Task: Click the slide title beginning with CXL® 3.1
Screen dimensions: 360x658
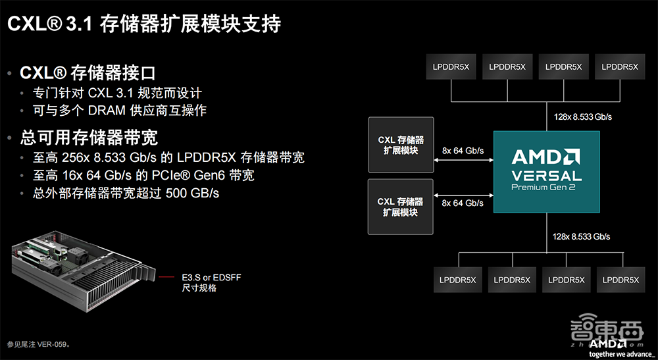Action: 144,24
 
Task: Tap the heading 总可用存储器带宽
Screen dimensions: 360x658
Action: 89,138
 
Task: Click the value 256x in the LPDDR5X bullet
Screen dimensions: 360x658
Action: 78,159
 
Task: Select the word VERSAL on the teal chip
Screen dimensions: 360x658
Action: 547,176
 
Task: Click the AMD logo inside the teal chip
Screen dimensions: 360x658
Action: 546,157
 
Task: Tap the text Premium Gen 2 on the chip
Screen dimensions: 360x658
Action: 547,188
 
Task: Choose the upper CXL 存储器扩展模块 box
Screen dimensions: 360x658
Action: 401,145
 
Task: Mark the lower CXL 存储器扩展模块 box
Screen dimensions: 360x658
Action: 401,207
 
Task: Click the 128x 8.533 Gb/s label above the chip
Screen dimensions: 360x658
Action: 581,116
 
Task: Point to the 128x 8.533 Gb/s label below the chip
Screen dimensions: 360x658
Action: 581,236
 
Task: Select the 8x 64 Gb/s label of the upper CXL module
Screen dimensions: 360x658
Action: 463,151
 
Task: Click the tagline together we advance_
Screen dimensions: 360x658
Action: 616,353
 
